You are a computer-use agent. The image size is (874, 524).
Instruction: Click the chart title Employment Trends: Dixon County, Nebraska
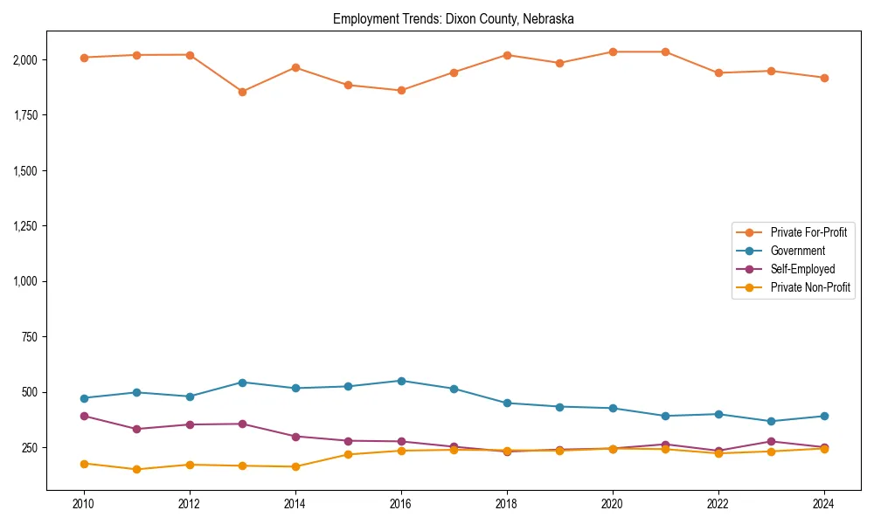pos(453,19)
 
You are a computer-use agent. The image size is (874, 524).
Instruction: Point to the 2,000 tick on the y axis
pos(24,59)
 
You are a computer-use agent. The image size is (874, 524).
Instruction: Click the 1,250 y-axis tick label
pos(24,226)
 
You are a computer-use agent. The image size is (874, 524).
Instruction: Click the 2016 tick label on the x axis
pos(401,504)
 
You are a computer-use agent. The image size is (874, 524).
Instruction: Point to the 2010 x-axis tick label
pos(84,504)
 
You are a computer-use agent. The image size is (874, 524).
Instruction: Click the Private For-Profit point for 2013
pos(242,92)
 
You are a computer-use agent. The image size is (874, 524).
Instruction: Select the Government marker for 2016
pos(401,381)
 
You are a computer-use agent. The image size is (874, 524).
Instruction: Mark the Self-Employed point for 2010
pos(84,416)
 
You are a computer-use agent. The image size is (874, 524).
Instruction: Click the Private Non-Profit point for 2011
pos(137,470)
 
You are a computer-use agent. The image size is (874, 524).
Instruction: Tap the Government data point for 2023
pos(771,421)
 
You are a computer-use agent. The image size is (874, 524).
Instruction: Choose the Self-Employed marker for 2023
pos(771,441)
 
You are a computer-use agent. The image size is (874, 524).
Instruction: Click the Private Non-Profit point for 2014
pos(295,466)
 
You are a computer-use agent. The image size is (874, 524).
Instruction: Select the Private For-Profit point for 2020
pos(613,52)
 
